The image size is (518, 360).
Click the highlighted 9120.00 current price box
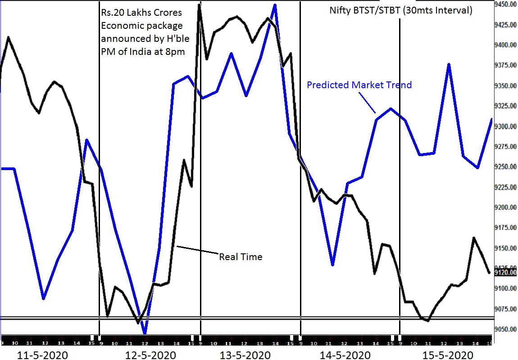pos(504,272)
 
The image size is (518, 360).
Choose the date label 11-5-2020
pos(43,355)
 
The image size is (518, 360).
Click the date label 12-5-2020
pos(144,355)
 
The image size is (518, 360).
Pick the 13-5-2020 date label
pos(245,355)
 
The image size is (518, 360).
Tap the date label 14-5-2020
pos(346,355)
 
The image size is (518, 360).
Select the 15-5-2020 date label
pos(448,355)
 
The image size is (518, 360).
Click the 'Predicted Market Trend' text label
pos(359,85)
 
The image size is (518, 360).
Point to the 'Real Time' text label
pos(241,257)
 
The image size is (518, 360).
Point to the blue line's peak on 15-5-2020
pos(449,64)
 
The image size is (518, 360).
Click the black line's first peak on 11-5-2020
pos(8,37)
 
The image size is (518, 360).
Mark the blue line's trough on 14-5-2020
pos(332,265)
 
